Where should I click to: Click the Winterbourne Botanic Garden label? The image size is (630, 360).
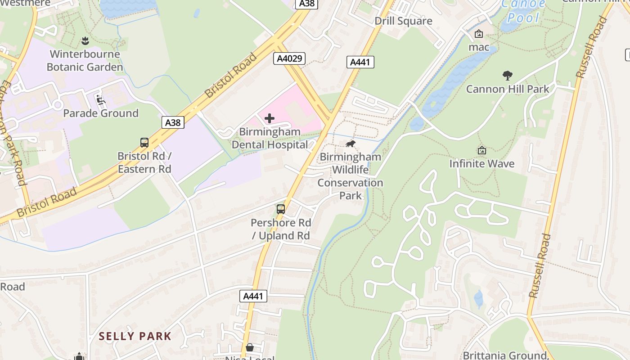point(85,61)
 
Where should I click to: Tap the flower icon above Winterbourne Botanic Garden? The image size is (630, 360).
point(85,41)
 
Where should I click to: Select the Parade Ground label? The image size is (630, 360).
point(101,113)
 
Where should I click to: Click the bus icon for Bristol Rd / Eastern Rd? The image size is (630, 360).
point(144,143)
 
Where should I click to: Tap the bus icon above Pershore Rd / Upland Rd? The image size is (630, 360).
point(281,209)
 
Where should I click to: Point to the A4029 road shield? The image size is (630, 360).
point(289,58)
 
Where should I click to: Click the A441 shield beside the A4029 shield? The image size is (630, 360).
point(360,62)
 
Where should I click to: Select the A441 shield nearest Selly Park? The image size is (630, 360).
point(253,296)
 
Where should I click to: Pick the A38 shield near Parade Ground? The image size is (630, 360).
point(173,122)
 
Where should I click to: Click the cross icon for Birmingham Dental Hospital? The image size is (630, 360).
point(270,118)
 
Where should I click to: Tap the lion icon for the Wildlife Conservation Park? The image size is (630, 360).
point(350,144)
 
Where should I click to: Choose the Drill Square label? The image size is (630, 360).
point(403,21)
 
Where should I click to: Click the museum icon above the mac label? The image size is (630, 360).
point(479,34)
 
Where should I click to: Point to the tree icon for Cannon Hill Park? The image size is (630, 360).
point(508,75)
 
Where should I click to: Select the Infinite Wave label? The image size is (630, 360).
point(482,163)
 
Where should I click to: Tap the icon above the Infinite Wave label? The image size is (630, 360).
point(482,150)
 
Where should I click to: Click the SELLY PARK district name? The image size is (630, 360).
point(135,336)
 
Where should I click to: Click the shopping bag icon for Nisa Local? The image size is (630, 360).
point(250,347)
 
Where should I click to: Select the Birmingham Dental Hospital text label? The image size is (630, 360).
point(270,138)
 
